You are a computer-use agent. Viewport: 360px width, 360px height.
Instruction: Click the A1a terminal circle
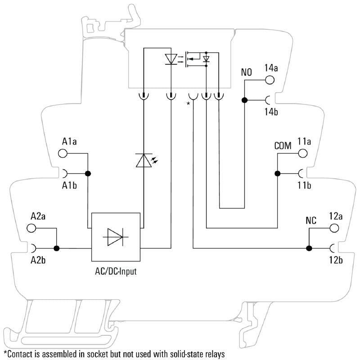point(63,153)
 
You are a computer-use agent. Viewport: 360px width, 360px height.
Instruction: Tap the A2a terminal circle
point(32,228)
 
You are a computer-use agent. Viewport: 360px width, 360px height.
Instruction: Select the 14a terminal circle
point(269,80)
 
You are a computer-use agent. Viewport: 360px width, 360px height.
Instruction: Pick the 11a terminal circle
point(302,153)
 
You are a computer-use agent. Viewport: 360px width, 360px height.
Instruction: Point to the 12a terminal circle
point(333,228)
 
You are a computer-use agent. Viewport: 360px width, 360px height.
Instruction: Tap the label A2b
point(39,260)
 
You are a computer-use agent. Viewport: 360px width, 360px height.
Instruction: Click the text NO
point(247,72)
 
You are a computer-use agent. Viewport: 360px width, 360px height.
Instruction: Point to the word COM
point(283,146)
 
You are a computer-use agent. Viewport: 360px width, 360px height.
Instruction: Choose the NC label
point(311,221)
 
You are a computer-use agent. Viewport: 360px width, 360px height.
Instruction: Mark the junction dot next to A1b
point(88,173)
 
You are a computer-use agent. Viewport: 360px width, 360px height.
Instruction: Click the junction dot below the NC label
point(309,248)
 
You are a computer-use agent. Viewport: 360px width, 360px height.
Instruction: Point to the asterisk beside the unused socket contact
point(188,104)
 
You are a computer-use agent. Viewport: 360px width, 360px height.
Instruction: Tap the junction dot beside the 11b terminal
point(278,173)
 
